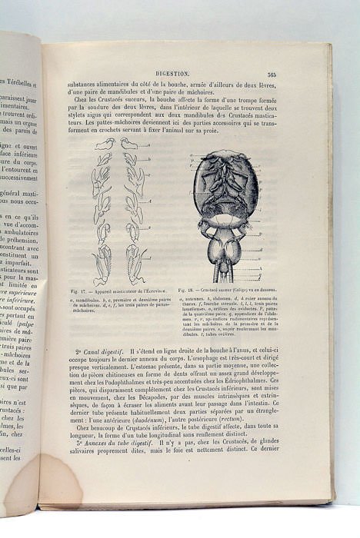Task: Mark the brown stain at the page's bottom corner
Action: pos(55,480)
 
